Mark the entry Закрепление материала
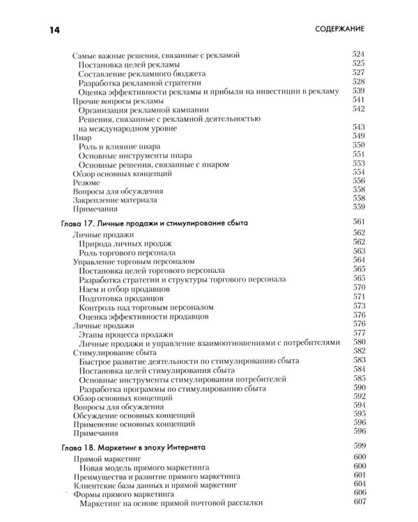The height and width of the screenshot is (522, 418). (115, 199)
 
